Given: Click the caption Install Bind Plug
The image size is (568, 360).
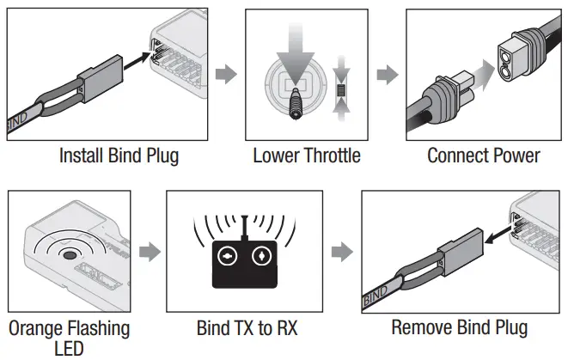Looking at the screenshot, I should tap(118, 156).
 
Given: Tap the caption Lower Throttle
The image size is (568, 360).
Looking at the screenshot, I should tap(306, 156).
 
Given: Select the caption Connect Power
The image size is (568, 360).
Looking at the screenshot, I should tap(484, 156).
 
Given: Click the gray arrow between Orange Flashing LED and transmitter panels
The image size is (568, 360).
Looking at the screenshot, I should tap(149, 251).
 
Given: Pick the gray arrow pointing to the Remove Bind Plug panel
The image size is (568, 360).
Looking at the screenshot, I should tap(342, 251).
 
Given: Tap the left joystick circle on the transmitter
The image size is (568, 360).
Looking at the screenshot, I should tap(228, 257).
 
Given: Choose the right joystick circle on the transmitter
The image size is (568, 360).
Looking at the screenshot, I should tap(260, 257).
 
